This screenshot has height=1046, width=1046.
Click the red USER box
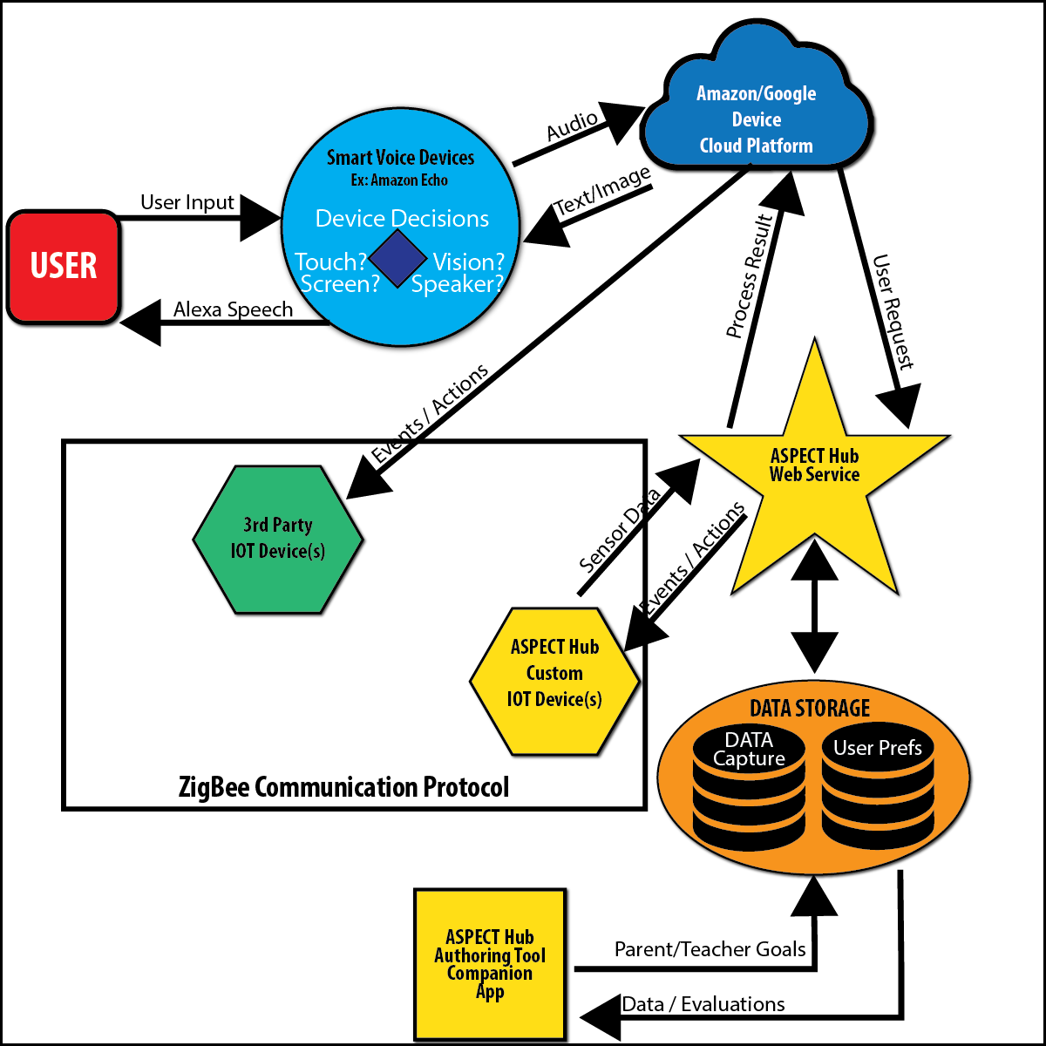pyautogui.click(x=64, y=267)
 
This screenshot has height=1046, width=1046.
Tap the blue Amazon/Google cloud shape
pyautogui.click(x=756, y=105)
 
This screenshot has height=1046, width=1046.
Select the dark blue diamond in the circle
pyautogui.click(x=397, y=259)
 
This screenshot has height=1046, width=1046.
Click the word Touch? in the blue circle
pyautogui.click(x=330, y=261)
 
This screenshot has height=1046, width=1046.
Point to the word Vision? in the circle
pyautogui.click(x=469, y=261)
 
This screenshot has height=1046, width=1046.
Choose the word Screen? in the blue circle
pyautogui.click(x=340, y=284)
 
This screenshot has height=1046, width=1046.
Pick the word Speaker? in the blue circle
pyautogui.click(x=458, y=284)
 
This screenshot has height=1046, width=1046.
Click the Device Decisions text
pyautogui.click(x=402, y=219)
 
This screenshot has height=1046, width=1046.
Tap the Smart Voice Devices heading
pyautogui.click(x=400, y=158)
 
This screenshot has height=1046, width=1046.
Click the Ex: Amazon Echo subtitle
pyautogui.click(x=399, y=180)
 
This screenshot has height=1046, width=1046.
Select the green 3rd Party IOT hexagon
pyautogui.click(x=278, y=540)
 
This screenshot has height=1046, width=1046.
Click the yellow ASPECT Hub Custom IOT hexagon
pyautogui.click(x=554, y=681)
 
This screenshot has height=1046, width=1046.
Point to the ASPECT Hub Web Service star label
pyautogui.click(x=814, y=465)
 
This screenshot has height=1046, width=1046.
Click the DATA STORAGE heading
pyautogui.click(x=810, y=709)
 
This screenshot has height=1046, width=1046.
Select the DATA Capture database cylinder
pyautogui.click(x=749, y=789)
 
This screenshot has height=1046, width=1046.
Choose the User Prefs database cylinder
pyautogui.click(x=877, y=789)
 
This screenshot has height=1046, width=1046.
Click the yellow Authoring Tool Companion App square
pyautogui.click(x=490, y=964)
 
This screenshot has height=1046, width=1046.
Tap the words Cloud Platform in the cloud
pyautogui.click(x=756, y=146)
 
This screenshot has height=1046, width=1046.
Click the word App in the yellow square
pyautogui.click(x=490, y=992)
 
